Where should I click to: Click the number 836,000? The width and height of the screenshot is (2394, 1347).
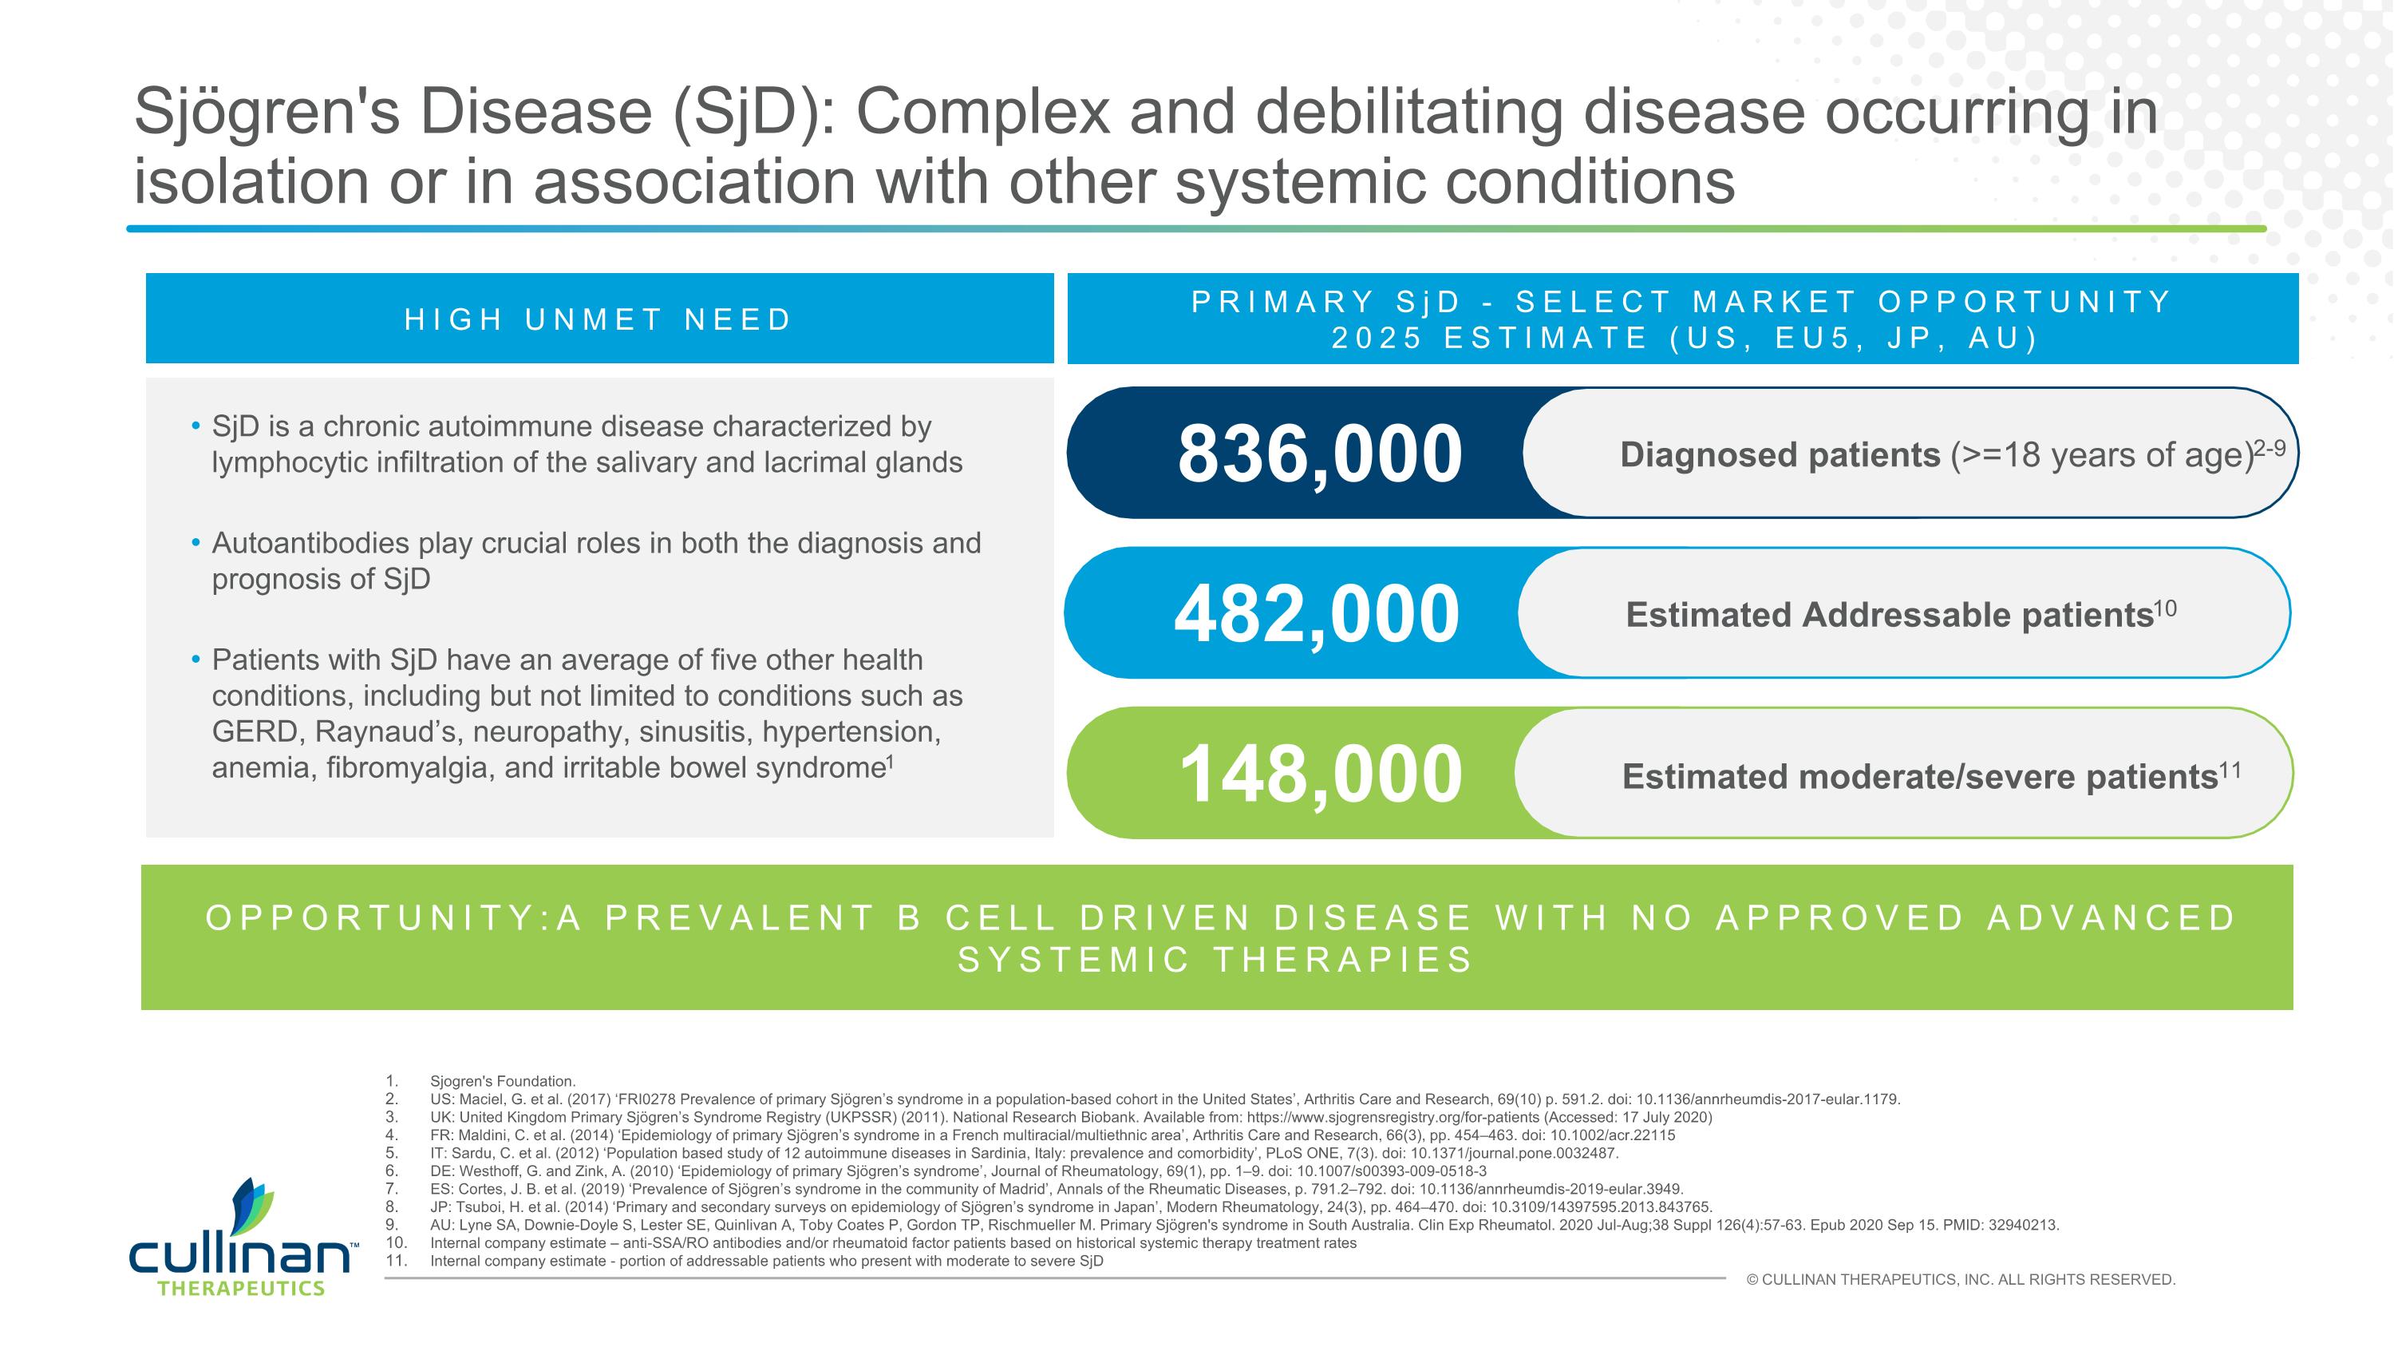[1320, 454]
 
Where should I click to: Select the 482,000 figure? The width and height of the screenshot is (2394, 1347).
[1316, 613]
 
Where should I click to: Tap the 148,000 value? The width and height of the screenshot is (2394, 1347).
[1320, 774]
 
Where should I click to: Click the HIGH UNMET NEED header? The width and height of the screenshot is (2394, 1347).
[598, 319]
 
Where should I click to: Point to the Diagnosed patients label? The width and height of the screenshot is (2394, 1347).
[1780, 454]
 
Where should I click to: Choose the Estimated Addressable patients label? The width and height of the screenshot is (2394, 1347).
[1890, 615]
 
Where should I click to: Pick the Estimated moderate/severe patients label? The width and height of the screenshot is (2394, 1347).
[1920, 776]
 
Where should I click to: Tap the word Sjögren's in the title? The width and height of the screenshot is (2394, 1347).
[267, 112]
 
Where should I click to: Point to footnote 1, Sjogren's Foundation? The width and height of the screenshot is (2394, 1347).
[502, 1081]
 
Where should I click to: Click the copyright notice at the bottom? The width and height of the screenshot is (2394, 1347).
[1961, 1279]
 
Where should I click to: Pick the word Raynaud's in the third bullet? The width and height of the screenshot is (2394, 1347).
[385, 731]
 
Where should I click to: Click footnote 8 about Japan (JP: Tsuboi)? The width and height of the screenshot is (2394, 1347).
[1069, 1206]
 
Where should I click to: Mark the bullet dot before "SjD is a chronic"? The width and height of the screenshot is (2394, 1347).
[196, 426]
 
